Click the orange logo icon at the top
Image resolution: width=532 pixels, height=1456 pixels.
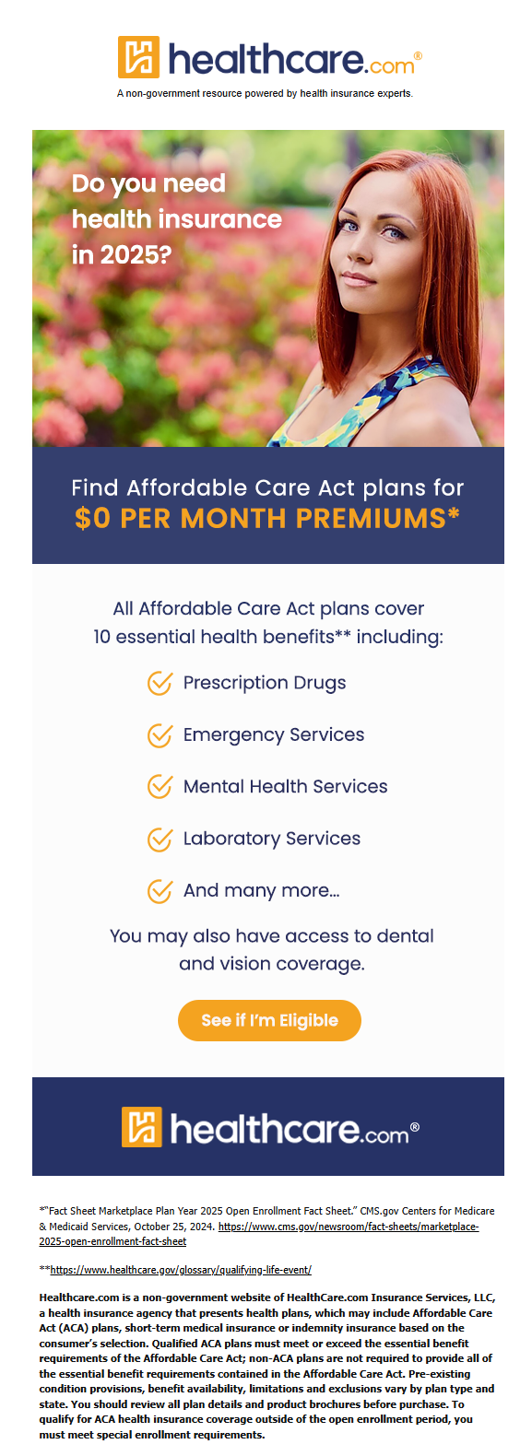click(x=138, y=57)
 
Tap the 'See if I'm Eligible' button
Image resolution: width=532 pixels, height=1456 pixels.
click(x=269, y=1020)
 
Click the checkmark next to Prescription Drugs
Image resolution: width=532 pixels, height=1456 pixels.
click(x=160, y=683)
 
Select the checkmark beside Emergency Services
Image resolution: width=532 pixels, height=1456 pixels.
click(x=160, y=735)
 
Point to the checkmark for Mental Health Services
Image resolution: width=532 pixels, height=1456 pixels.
click(x=160, y=786)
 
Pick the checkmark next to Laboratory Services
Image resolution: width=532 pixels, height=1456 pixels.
click(x=160, y=840)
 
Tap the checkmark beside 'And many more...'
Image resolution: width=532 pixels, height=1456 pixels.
click(x=160, y=891)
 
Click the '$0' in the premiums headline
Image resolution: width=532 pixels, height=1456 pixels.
click(x=92, y=519)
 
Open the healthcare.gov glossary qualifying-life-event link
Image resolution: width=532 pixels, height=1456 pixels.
click(x=181, y=1270)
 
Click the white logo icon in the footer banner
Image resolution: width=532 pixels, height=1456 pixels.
click(x=142, y=1127)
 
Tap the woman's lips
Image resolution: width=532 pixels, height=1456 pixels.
click(x=358, y=279)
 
